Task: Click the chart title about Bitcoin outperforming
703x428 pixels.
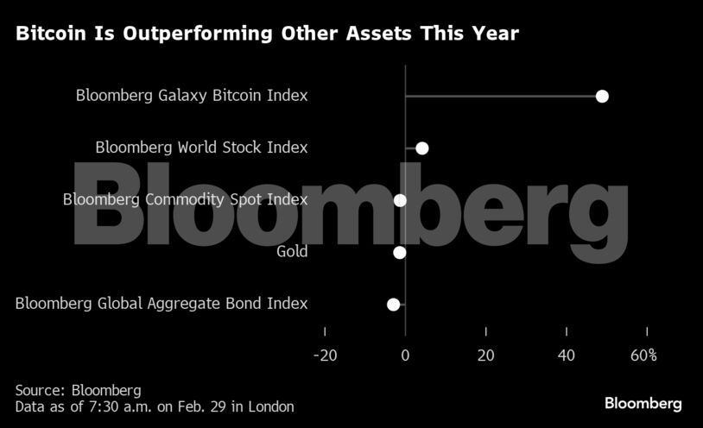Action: pyautogui.click(x=267, y=34)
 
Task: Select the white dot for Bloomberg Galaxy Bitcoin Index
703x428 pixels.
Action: pyautogui.click(x=602, y=96)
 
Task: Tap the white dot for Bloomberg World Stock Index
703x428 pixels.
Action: pyautogui.click(x=421, y=148)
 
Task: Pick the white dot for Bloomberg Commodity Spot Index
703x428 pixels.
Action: pyautogui.click(x=400, y=200)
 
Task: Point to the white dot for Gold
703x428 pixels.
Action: pyautogui.click(x=399, y=253)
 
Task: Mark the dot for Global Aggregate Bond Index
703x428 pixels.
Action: pyautogui.click(x=394, y=305)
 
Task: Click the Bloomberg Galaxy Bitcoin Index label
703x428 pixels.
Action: pyautogui.click(x=192, y=96)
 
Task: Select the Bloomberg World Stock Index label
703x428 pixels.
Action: pyautogui.click(x=201, y=148)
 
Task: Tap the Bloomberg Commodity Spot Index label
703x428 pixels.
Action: pyautogui.click(x=185, y=200)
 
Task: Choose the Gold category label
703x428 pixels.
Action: pyautogui.click(x=292, y=252)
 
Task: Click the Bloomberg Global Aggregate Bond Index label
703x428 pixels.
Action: pyautogui.click(x=161, y=304)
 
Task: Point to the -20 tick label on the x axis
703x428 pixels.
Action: pyautogui.click(x=325, y=355)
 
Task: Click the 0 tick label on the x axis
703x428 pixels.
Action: pyautogui.click(x=405, y=355)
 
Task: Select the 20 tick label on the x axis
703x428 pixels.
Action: pyautogui.click(x=485, y=355)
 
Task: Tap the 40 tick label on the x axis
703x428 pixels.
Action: pyautogui.click(x=566, y=355)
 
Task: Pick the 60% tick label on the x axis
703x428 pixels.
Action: pyautogui.click(x=643, y=355)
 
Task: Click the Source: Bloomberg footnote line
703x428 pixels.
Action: pyautogui.click(x=78, y=390)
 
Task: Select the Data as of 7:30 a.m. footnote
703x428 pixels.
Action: pyautogui.click(x=155, y=406)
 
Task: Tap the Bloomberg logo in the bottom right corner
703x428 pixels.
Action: pyautogui.click(x=643, y=403)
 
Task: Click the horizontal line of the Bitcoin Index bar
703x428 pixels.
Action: pyautogui.click(x=501, y=96)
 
